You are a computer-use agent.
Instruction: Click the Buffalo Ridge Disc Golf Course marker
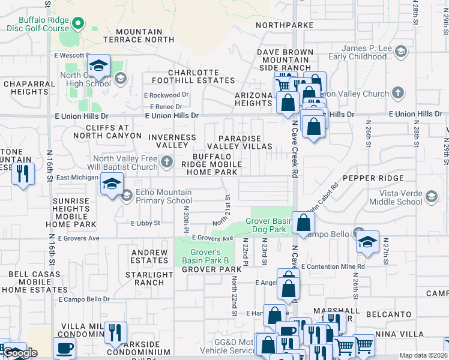pyautogui.click(x=77, y=23)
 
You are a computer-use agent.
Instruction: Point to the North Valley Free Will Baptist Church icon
pyautogui.click(x=167, y=161)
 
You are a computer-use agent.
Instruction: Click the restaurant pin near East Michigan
pyautogui.click(x=23, y=174)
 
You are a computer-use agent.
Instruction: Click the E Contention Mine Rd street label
pyautogui.click(x=333, y=266)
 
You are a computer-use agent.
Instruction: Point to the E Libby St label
pyautogui.click(x=146, y=223)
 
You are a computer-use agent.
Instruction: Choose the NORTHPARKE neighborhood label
pyautogui.click(x=285, y=25)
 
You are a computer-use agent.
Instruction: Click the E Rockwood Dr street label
pyautogui.click(x=166, y=95)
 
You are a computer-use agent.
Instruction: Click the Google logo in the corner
pyautogui.click(x=19, y=353)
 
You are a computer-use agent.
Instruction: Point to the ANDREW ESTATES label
pyautogui.click(x=149, y=256)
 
